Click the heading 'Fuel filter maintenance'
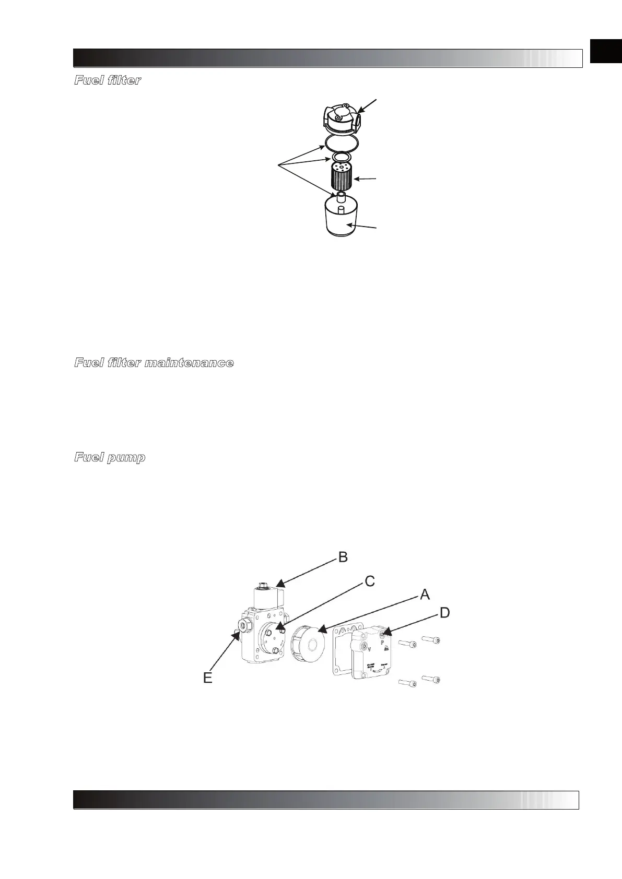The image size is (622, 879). [154, 363]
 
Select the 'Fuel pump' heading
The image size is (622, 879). [110, 458]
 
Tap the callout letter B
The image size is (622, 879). [343, 557]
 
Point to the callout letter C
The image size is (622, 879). [369, 581]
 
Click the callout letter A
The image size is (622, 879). [425, 594]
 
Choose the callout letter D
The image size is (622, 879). [444, 612]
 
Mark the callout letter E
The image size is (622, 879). [207, 678]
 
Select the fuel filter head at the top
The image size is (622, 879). [341, 117]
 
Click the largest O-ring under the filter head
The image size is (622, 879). [340, 141]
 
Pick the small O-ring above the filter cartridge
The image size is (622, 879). [341, 157]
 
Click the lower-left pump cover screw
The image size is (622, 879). [407, 683]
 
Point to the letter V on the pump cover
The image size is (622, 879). [369, 650]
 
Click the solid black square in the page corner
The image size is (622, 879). [606, 51]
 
